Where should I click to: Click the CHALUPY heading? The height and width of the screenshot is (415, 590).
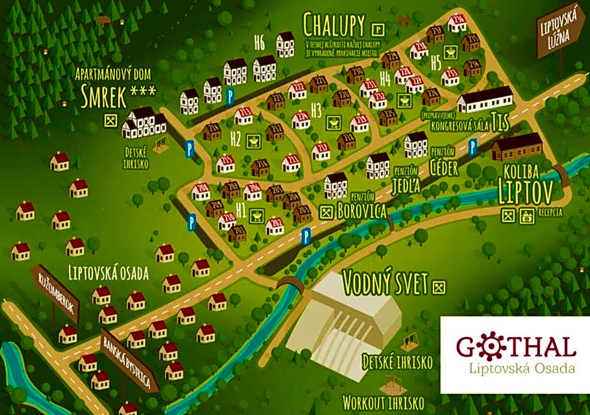tap(334, 25)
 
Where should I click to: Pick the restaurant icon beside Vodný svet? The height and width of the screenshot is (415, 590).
tap(440, 287)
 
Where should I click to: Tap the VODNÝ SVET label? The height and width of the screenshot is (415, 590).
tap(385, 283)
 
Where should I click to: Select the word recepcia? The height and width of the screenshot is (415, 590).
tap(550, 212)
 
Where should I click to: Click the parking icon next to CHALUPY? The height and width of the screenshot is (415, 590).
tap(378, 28)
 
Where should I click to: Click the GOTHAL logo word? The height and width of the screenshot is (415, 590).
tap(515, 347)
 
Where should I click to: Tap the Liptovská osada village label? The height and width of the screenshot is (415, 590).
tap(108, 273)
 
